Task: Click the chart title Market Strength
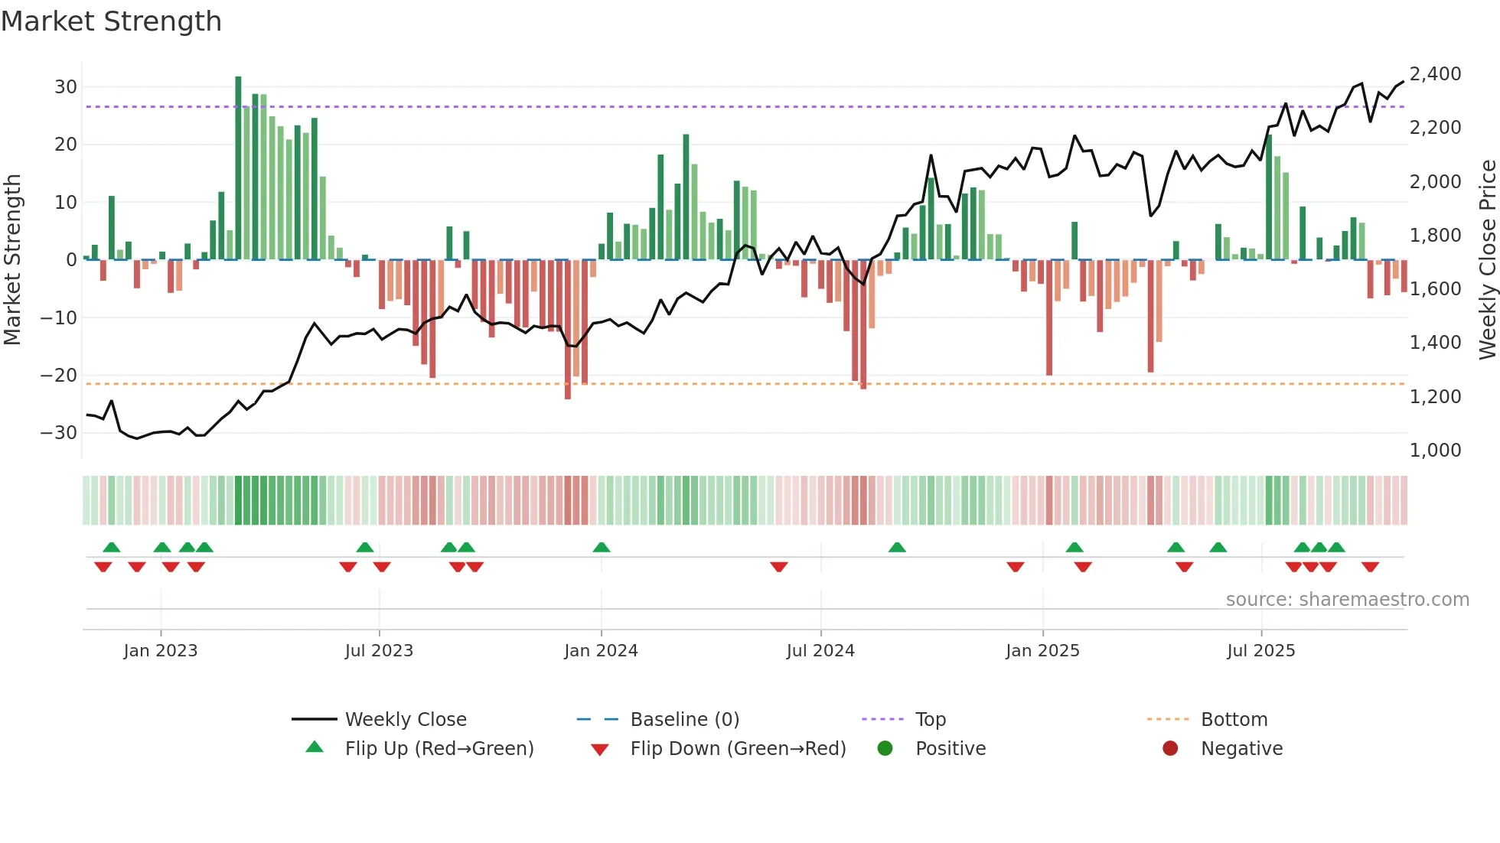[x=111, y=21]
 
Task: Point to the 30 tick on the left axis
[x=66, y=87]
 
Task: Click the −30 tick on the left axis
[x=60, y=433]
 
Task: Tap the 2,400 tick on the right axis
[x=1435, y=74]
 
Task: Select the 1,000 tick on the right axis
[x=1435, y=451]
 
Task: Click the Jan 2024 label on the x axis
[x=601, y=651]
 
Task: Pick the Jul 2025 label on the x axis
[x=1260, y=651]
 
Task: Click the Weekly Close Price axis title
[x=1487, y=260]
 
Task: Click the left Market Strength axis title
[x=13, y=260]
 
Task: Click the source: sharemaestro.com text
[x=1347, y=600]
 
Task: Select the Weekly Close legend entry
[x=406, y=720]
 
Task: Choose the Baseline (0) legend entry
[x=684, y=720]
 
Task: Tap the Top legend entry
[x=931, y=720]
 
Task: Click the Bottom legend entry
[x=1234, y=720]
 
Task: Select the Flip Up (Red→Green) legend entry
[x=439, y=749]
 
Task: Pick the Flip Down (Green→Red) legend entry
[x=738, y=749]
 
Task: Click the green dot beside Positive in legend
[x=885, y=749]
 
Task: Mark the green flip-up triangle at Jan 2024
[x=602, y=547]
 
